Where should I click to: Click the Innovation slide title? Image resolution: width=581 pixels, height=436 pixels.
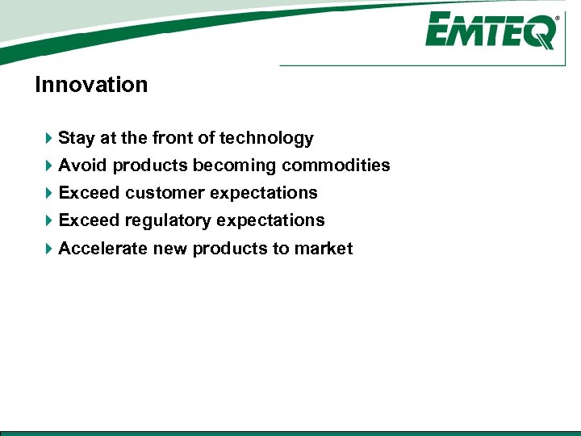(91, 85)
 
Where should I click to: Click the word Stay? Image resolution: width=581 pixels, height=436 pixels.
(77, 139)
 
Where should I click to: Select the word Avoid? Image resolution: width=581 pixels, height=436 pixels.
(83, 166)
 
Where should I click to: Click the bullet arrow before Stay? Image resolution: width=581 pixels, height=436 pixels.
(49, 139)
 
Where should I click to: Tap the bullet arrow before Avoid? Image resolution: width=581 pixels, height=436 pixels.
(49, 166)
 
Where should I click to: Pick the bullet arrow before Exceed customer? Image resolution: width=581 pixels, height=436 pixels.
(49, 193)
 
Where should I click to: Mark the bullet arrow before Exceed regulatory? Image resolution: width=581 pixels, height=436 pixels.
(49, 220)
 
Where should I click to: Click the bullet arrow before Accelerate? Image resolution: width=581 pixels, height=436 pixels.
(49, 249)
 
